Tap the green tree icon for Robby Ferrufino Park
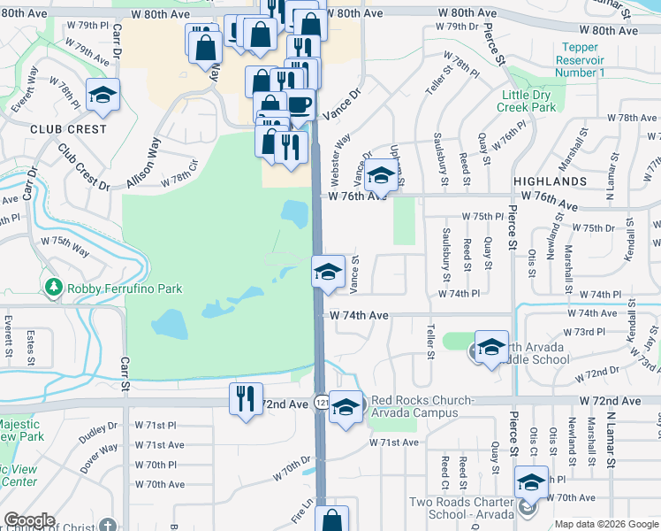coord(53,289)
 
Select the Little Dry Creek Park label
coord(529,101)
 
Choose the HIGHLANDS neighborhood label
coord(549,181)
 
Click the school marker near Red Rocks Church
coord(346,406)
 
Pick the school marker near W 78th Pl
coord(103,95)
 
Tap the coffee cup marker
coord(299,104)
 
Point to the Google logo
coord(29,520)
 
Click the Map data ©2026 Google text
coord(607,524)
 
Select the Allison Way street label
coord(144,162)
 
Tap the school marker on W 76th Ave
coord(380,175)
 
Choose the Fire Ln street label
coord(302,512)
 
